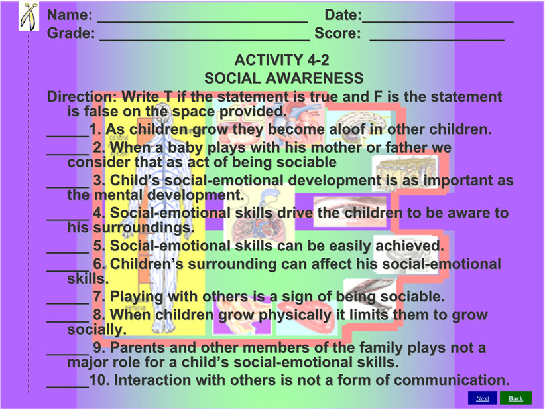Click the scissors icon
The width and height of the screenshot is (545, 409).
point(29,16)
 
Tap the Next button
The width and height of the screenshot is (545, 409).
point(483,398)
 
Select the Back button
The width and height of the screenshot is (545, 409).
point(516,398)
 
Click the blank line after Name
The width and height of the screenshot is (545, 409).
point(202,22)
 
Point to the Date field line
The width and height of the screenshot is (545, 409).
point(438,22)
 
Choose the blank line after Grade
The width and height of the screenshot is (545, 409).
point(205,41)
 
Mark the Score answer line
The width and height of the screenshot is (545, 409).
point(437,41)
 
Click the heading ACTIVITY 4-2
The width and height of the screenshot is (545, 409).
point(282,60)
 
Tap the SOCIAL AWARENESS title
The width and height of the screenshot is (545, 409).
point(284,78)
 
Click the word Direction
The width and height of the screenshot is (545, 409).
point(82,96)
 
